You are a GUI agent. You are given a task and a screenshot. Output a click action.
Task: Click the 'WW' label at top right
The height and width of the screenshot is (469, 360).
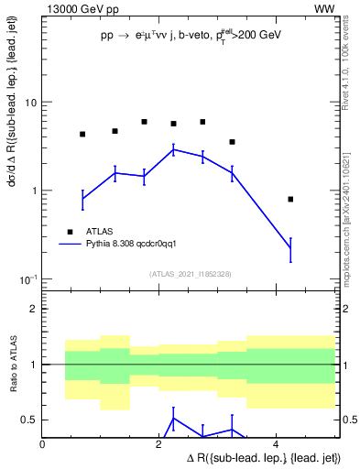pyautogui.click(x=324, y=8)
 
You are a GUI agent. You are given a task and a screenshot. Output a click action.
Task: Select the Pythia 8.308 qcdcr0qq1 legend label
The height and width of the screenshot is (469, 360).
pyautogui.click(x=136, y=245)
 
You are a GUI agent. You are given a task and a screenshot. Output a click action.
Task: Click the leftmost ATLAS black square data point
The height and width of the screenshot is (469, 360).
pyautogui.click(x=82, y=134)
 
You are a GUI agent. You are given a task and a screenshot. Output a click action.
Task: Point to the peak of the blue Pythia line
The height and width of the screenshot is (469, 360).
pyautogui.click(x=173, y=149)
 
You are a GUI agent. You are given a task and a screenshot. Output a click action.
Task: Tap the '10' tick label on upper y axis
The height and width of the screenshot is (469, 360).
pyautogui.click(x=30, y=103)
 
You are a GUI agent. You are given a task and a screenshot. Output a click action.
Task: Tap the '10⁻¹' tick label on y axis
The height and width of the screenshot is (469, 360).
pyautogui.click(x=28, y=278)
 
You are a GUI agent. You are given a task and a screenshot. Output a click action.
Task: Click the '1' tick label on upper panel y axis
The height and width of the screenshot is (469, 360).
pyautogui.click(x=35, y=191)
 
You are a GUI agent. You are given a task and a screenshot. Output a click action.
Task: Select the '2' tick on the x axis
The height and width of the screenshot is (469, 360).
pyautogui.click(x=160, y=444)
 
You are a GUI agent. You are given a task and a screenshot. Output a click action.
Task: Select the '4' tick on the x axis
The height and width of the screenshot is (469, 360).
pyautogui.click(x=278, y=444)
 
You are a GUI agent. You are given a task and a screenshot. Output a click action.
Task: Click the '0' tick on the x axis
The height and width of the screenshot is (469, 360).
pyautogui.click(x=43, y=444)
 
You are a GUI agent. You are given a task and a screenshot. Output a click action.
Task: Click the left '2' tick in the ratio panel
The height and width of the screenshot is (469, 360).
pyautogui.click(x=35, y=309)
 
